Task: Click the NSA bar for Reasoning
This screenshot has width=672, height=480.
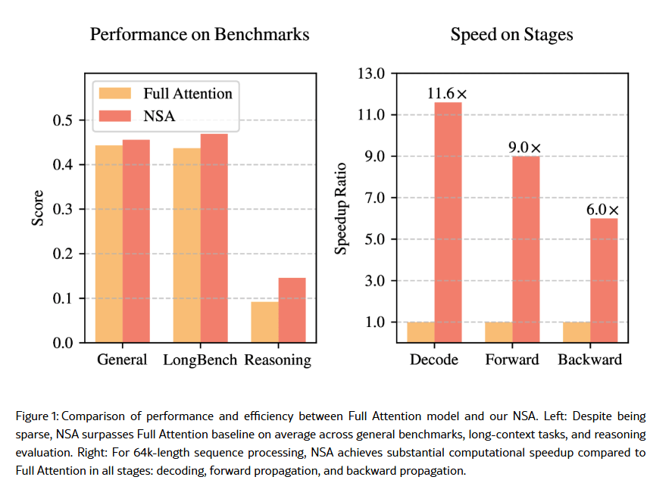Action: [292, 310]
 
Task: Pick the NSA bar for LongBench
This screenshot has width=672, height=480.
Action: [214, 238]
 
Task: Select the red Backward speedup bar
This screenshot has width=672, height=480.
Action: [604, 280]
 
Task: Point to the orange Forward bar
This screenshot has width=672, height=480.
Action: [499, 332]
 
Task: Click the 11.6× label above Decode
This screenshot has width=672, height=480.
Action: [447, 94]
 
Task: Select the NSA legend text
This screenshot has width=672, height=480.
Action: [158, 116]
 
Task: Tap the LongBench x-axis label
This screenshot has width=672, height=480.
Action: [201, 360]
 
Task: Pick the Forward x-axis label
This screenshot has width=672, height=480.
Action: [511, 360]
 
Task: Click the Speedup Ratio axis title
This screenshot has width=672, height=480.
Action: [342, 207]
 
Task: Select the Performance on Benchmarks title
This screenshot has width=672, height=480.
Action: [199, 35]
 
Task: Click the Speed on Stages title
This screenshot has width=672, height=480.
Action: [511, 35]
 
